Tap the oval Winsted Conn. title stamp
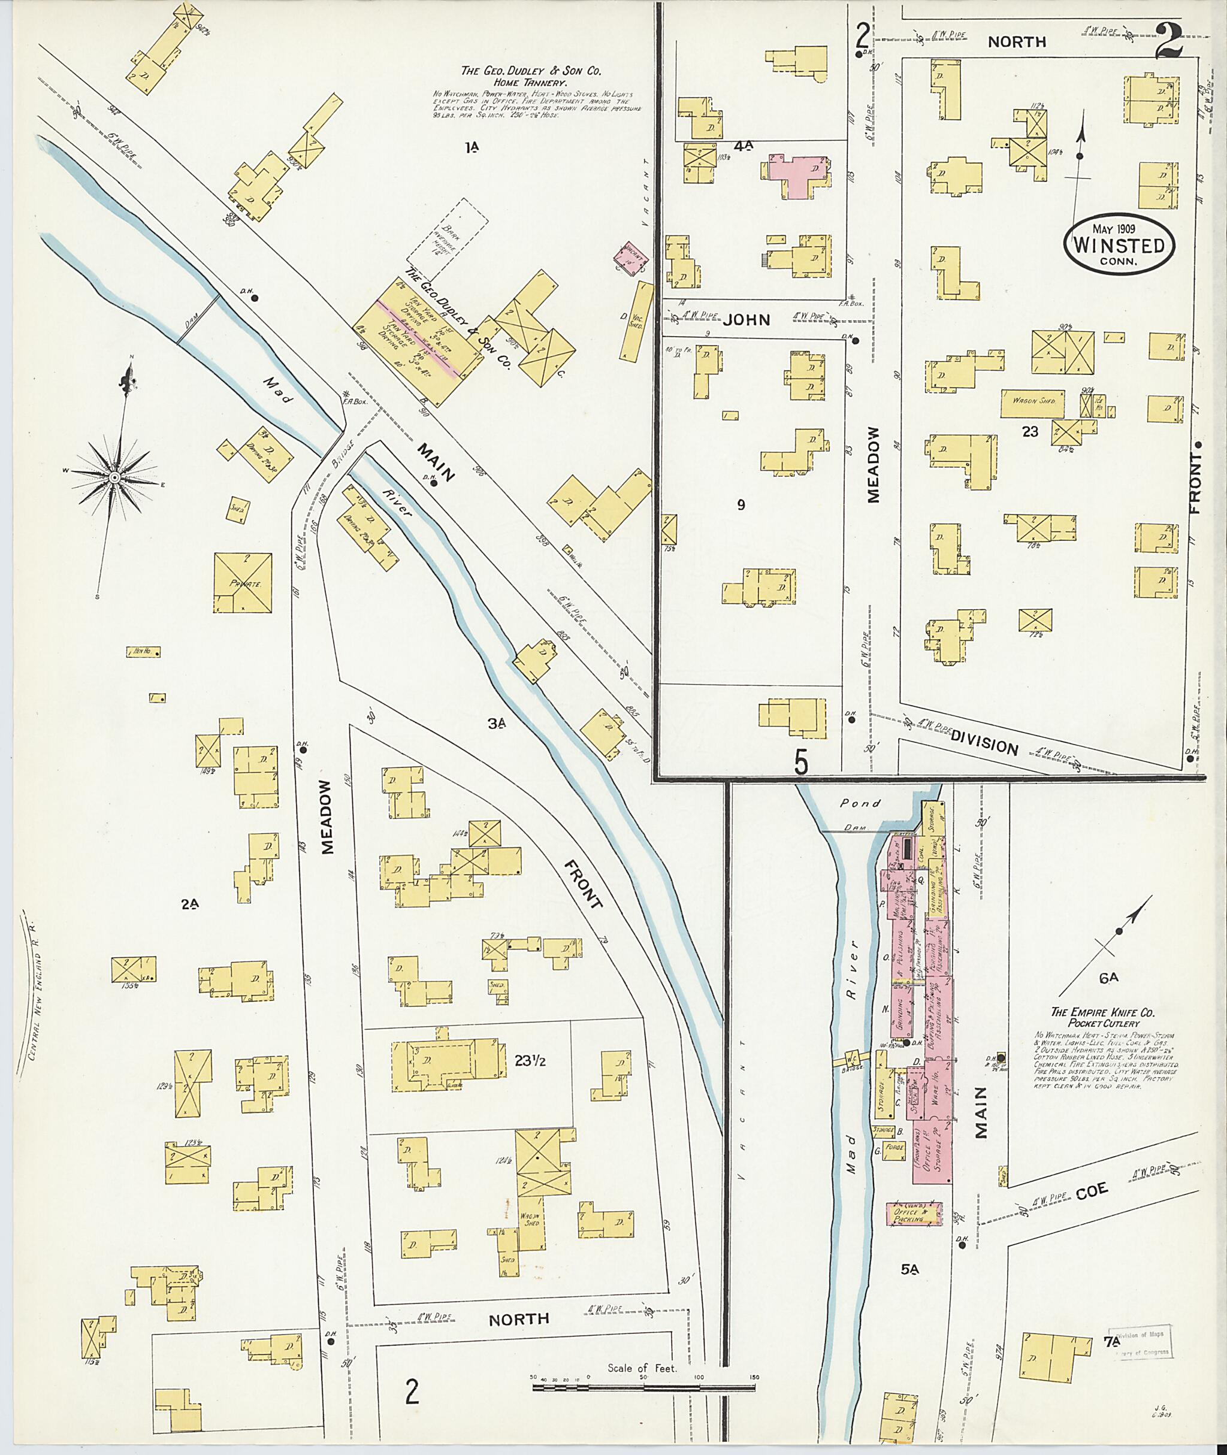(x=1119, y=245)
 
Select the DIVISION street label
(x=984, y=745)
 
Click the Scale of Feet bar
(x=643, y=1387)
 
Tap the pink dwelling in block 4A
(x=799, y=174)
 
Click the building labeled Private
(x=242, y=583)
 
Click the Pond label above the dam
(x=860, y=803)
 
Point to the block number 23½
(x=530, y=1061)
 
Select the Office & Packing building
(x=913, y=1214)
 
